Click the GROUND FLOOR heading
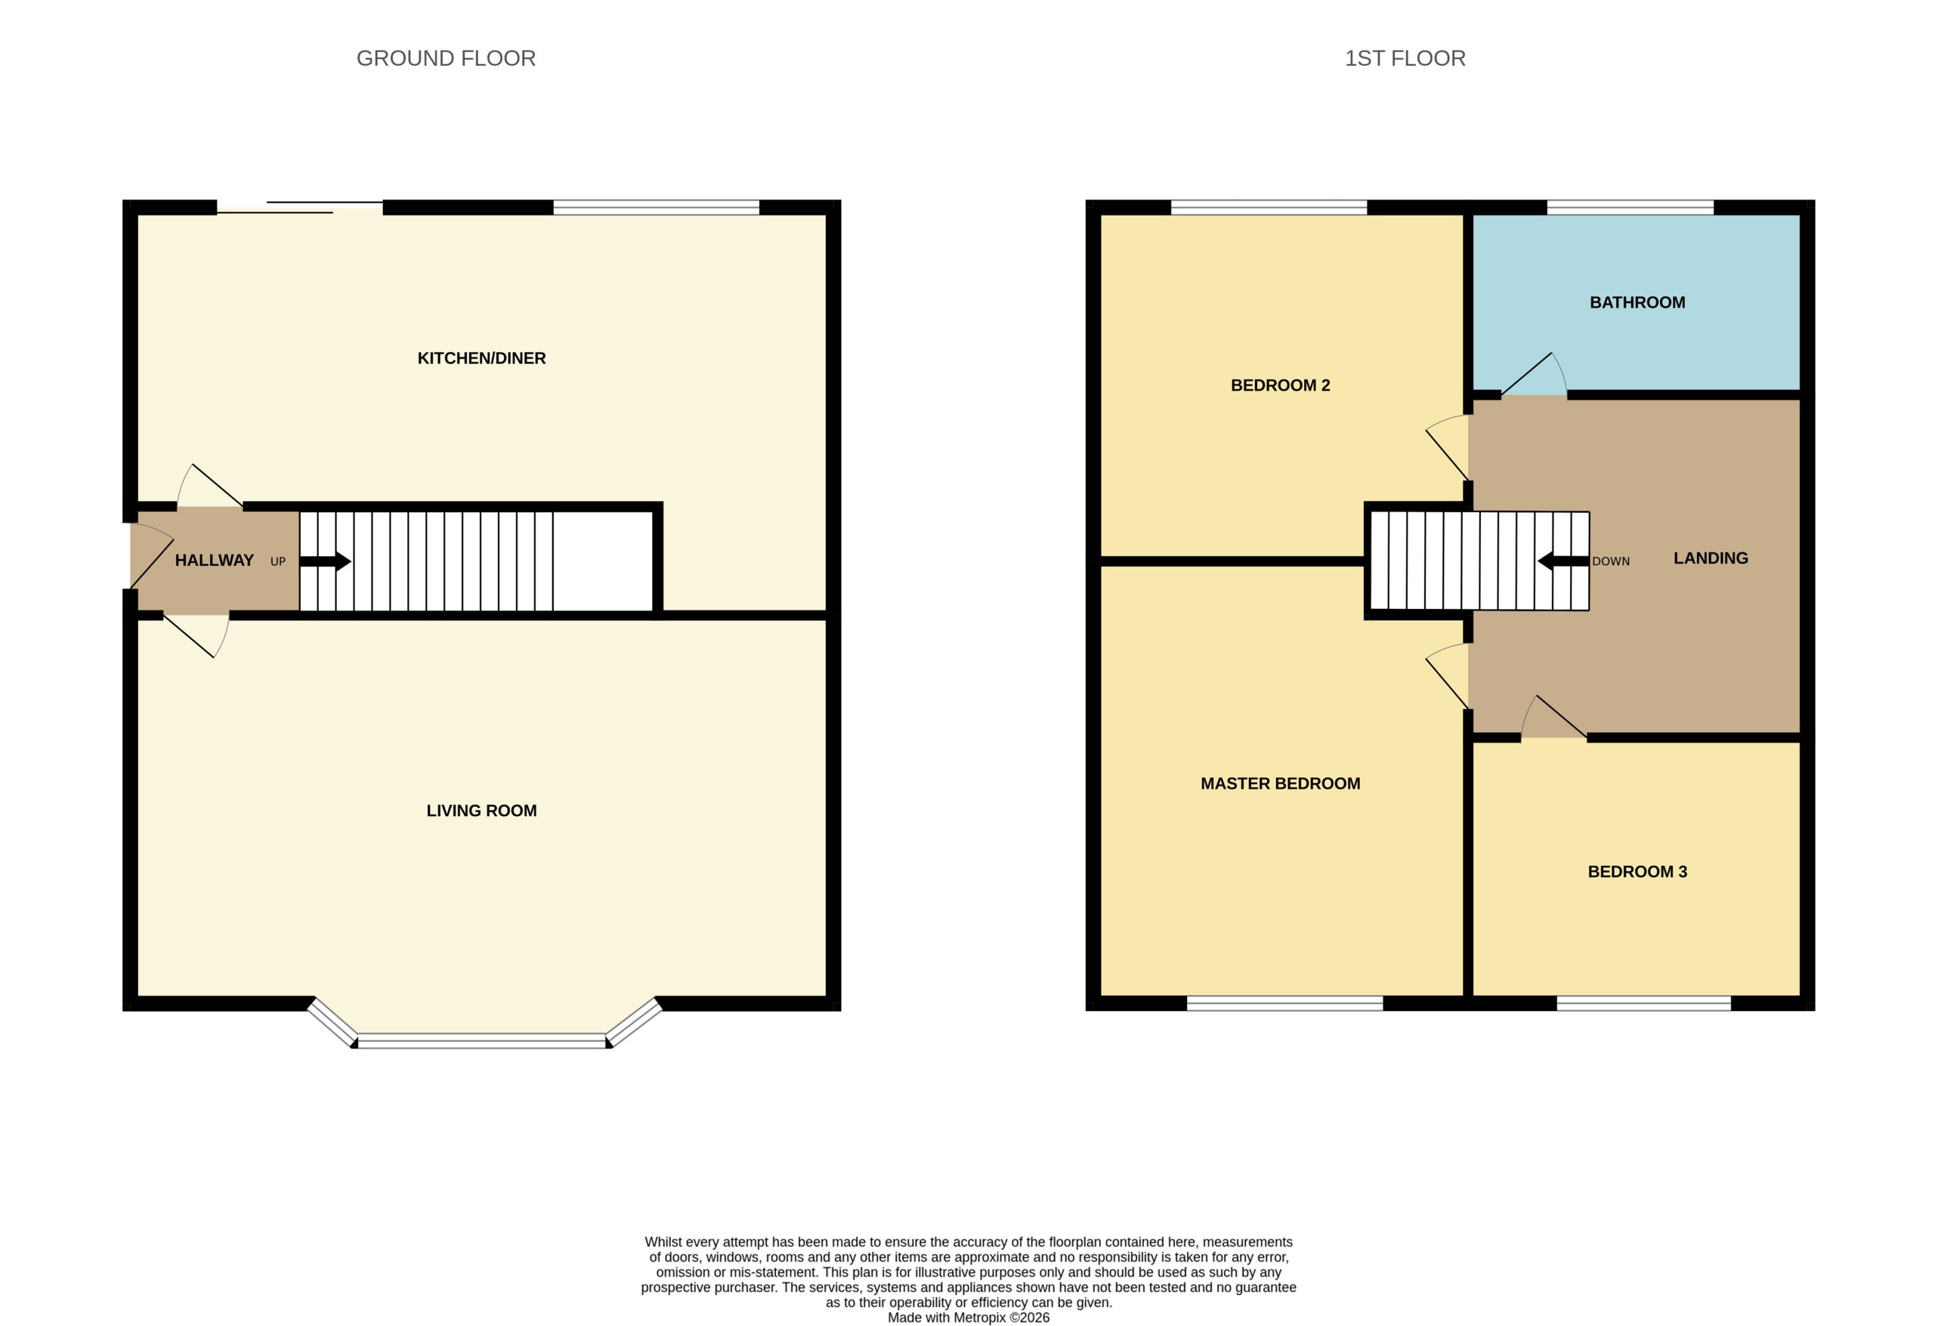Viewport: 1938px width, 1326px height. pyautogui.click(x=445, y=59)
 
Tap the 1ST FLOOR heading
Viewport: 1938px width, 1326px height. pyautogui.click(x=1404, y=59)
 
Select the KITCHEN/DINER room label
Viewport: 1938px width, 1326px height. pyautogui.click(x=481, y=358)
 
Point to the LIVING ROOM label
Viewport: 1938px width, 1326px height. pyautogui.click(x=481, y=811)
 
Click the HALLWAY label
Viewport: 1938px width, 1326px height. pyautogui.click(x=214, y=560)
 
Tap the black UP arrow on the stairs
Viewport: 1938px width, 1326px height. pyautogui.click(x=325, y=561)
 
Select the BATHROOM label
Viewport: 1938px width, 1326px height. pyautogui.click(x=1637, y=303)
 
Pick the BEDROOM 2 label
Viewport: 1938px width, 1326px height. pyautogui.click(x=1280, y=385)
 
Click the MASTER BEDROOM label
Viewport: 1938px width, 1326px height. pyautogui.click(x=1280, y=783)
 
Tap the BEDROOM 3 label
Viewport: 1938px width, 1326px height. pyautogui.click(x=1637, y=871)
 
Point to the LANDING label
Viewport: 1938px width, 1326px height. pyautogui.click(x=1711, y=558)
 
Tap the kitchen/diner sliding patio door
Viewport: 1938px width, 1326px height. pyautogui.click(x=300, y=208)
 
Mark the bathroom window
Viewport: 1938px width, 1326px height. pyautogui.click(x=1630, y=208)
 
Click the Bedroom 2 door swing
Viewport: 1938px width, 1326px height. pyautogui.click(x=1447, y=448)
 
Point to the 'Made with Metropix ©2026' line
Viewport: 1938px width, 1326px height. pyautogui.click(x=968, y=1318)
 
